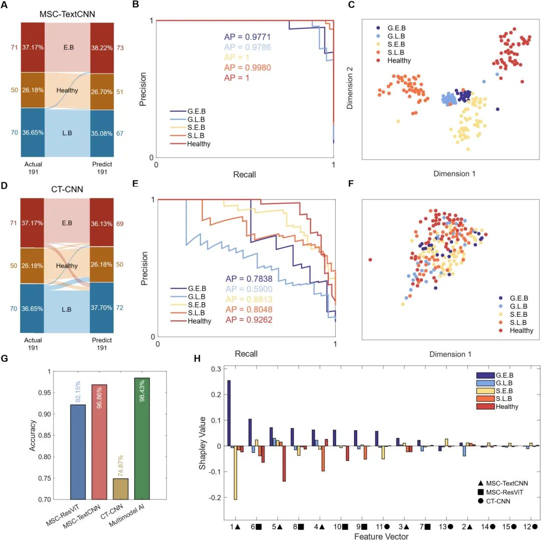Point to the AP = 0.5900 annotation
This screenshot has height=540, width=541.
(x=249, y=289)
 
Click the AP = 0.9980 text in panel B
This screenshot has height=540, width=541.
(x=249, y=68)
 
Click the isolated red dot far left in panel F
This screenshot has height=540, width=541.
(x=370, y=260)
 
